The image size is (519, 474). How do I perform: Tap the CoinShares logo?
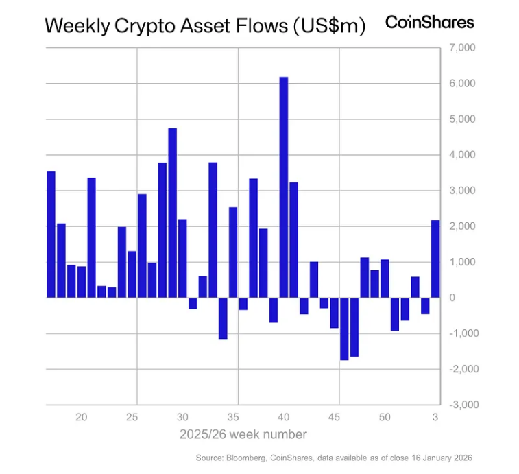pos(429,22)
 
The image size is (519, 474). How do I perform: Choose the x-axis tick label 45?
pos(335,417)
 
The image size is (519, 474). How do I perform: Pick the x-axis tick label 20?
pos(82,417)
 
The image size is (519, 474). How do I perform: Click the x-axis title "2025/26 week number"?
pos(243,434)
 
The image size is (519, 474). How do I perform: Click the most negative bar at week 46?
pos(344,329)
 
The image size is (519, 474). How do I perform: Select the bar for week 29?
pos(172,213)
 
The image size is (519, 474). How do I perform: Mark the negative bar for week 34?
pos(223,318)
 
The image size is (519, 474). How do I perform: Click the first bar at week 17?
pos(51,234)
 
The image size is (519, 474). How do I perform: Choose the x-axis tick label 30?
pos(182,417)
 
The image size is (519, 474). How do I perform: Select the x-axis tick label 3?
pos(435,417)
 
